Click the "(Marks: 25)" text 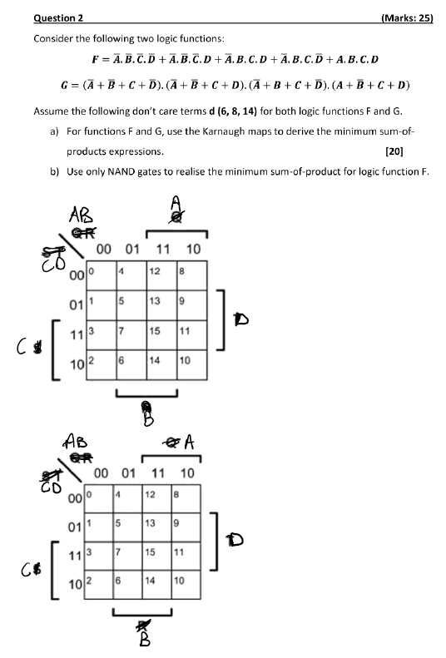click(x=406, y=17)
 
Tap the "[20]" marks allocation click(x=418, y=151)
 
